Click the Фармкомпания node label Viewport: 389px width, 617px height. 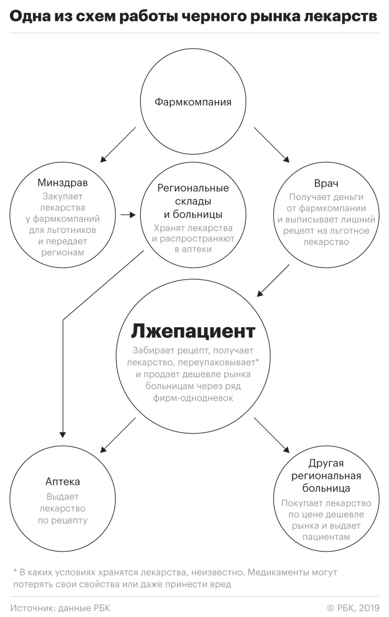point(193,102)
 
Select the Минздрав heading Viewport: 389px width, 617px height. point(63,183)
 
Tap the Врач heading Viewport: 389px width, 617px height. point(326,183)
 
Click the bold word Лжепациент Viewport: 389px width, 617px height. point(193,331)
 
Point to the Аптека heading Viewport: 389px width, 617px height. point(63,481)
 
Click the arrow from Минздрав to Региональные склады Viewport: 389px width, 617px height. point(128,215)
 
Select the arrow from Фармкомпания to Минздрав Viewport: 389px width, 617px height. point(118,145)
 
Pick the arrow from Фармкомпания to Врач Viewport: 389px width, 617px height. point(272,145)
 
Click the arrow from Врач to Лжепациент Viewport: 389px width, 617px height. point(273,281)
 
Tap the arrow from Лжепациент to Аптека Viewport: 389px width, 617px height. point(118,435)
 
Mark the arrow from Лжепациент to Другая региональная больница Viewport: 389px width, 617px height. point(272,435)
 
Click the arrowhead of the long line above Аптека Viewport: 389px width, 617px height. point(63,435)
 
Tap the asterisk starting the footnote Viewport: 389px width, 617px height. point(15,570)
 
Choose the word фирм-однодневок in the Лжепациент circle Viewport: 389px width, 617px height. point(193,398)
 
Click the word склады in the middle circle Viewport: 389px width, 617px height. point(193,202)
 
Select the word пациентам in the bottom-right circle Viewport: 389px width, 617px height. point(326,537)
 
